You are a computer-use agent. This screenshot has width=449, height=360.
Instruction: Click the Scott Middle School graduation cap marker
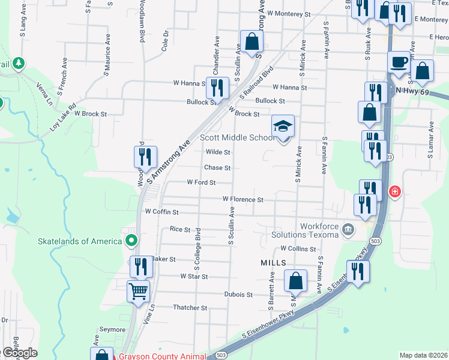point(283,127)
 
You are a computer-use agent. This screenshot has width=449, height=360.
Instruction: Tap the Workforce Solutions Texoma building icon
point(348,229)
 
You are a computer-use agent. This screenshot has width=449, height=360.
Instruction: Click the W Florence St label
point(243,199)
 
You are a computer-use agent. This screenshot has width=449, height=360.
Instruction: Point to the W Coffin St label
point(162,212)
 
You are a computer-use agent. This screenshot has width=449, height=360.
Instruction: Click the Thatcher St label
point(190,307)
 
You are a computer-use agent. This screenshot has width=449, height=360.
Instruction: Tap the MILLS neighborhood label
point(273,263)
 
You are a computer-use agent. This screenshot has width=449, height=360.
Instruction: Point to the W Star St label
point(194,277)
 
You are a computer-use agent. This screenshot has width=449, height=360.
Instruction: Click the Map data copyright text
point(424,355)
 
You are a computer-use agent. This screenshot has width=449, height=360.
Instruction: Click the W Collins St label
point(298,248)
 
